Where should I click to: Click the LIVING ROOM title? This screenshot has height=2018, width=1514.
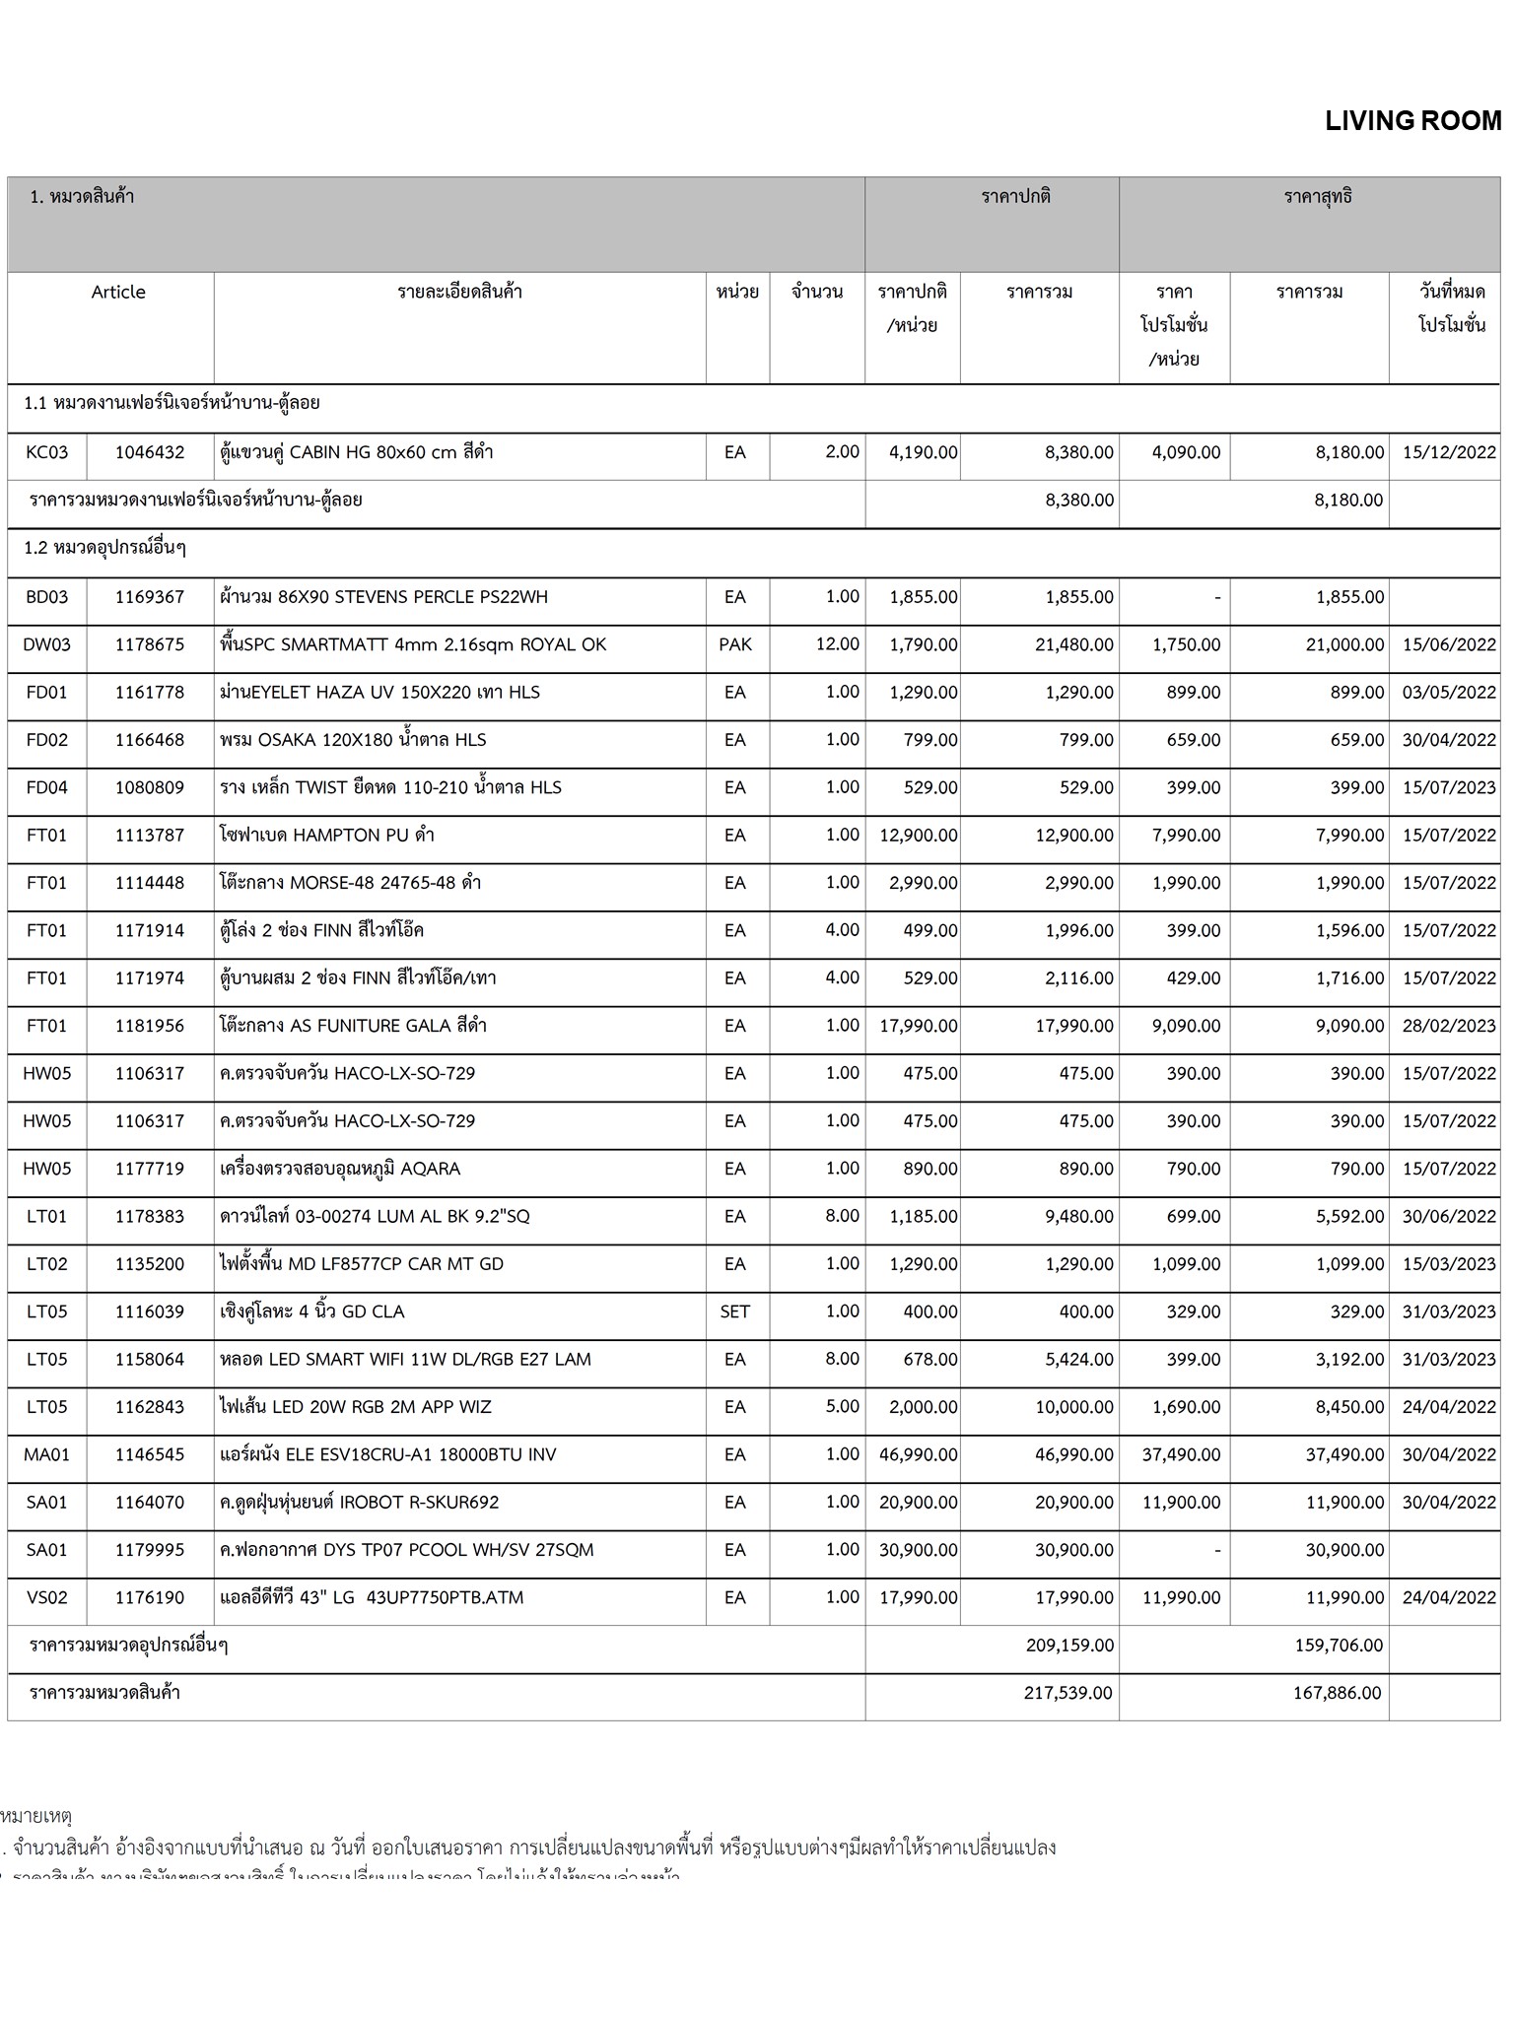1412,121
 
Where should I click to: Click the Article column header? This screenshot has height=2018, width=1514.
118,292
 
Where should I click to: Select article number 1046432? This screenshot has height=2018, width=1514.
150,452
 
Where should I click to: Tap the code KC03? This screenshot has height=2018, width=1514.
47,452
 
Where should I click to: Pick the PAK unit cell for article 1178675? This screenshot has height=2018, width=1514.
735,644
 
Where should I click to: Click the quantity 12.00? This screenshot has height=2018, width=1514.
837,643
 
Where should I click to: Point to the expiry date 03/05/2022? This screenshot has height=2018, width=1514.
1448,692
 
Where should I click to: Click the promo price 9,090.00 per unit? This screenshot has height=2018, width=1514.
1186,1026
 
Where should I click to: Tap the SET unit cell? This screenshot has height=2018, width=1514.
735,1312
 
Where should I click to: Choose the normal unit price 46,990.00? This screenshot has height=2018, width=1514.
918,1454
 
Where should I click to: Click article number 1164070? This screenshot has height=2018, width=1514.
150,1502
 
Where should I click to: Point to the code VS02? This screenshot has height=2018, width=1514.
47,1597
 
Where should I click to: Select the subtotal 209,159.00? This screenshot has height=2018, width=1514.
1069,1645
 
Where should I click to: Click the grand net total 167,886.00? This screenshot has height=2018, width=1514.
1337,1693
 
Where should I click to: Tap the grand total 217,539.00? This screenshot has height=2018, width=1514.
1067,1693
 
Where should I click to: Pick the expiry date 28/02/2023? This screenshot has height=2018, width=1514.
1448,1026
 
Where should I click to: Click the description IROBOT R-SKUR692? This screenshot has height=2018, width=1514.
360,1502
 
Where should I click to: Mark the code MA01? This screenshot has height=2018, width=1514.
47,1454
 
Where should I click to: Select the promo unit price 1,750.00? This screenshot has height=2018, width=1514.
1186,644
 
